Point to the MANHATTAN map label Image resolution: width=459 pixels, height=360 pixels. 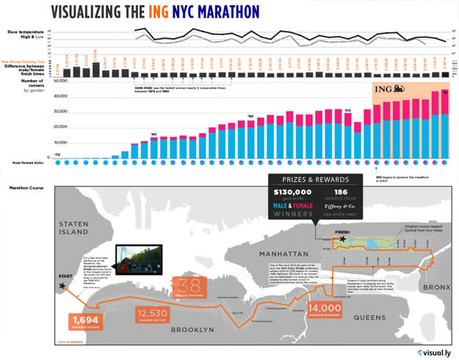tap(287, 253)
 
